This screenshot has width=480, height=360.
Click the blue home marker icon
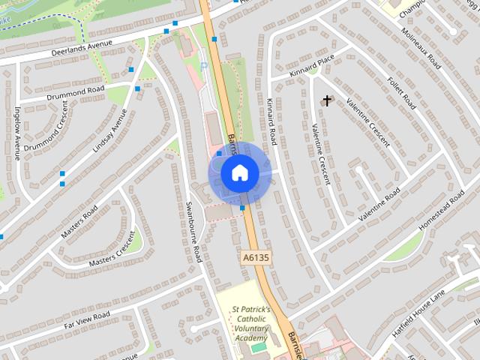click(x=239, y=173)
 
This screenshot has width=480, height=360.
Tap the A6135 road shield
click(x=256, y=257)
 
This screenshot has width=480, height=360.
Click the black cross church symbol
click(x=326, y=100)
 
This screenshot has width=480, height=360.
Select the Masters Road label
click(x=79, y=222)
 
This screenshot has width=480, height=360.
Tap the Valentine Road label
click(x=379, y=205)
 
